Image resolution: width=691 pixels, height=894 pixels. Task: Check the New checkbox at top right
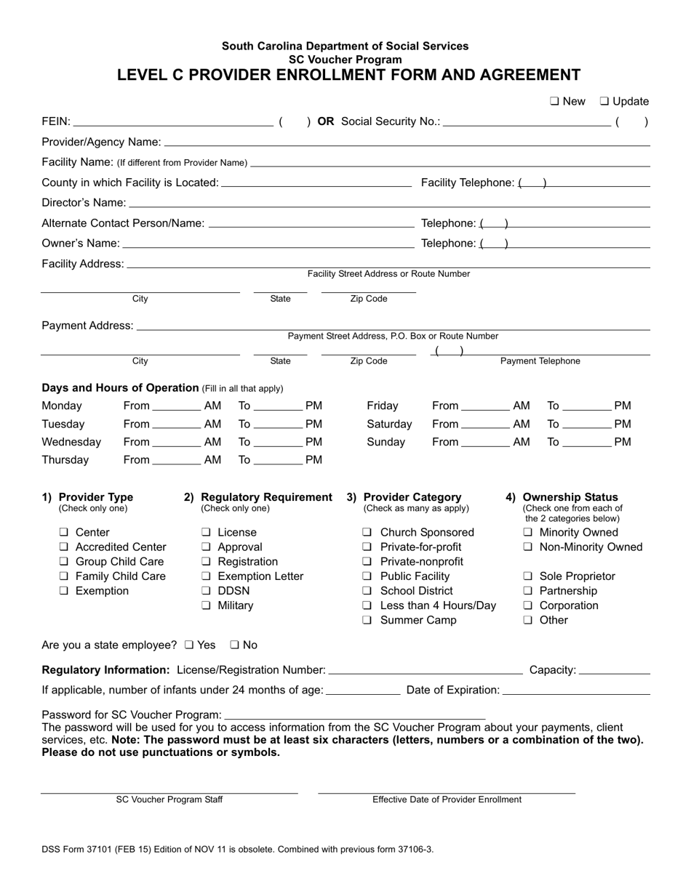click(554, 102)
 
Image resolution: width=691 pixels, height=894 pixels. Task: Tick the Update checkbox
click(604, 102)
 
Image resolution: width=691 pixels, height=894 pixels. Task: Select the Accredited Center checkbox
click(64, 547)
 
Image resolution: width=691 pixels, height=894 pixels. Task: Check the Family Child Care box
click(64, 576)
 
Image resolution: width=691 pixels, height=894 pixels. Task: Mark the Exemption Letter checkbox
click(206, 576)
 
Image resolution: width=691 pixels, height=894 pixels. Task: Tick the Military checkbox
click(206, 605)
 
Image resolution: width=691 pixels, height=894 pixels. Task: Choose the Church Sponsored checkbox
click(367, 533)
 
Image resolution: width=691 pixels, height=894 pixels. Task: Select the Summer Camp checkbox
click(367, 621)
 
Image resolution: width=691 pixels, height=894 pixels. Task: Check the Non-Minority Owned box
click(528, 547)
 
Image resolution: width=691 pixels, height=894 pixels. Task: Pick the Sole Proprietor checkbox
click(528, 576)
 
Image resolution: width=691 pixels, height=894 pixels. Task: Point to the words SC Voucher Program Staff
click(169, 800)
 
